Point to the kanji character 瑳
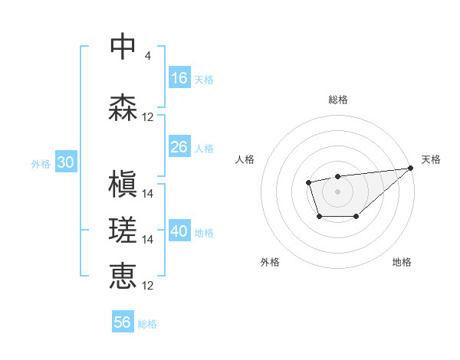[123, 230]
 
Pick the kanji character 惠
[123, 276]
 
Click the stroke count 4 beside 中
[147, 56]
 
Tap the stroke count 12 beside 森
[148, 117]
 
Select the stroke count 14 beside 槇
[148, 194]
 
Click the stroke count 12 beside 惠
[148, 286]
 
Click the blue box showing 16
[179, 77]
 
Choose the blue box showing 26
[179, 146]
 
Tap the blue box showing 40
[179, 231]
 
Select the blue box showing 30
[65, 162]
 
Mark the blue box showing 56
[123, 322]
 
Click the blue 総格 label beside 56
[147, 324]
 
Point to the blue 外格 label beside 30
[41, 164]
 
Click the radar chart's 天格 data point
[410, 169]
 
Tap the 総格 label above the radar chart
[337, 100]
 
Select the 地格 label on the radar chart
[402, 262]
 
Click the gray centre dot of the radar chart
[337, 190]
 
